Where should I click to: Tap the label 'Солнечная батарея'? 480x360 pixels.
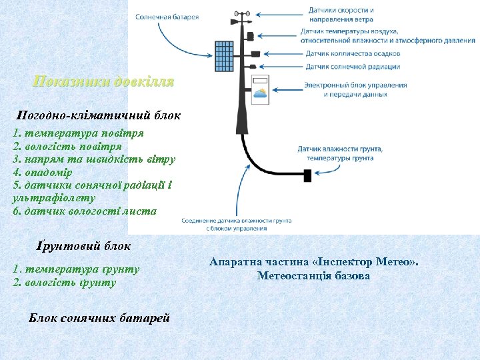pos(167,17)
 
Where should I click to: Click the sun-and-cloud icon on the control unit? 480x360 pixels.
pos(259,93)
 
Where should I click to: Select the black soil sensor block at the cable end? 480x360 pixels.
pos(307,175)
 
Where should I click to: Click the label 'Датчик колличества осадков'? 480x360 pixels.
pos(353,53)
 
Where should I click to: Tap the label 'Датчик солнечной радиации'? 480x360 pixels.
pos(353,67)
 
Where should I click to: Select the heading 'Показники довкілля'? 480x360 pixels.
pos(103,82)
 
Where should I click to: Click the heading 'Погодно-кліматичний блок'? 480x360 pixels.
pos(99,115)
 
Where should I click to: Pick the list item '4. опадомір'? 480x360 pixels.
pos(45,172)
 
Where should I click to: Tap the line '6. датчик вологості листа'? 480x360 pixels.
pos(85,211)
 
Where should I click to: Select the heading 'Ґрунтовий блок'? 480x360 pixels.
pos(83,246)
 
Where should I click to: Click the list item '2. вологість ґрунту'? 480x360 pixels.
pos(65,282)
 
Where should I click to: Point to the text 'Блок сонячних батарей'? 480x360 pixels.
pos(99,317)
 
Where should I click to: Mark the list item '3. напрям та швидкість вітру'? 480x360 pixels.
pos(94,159)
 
